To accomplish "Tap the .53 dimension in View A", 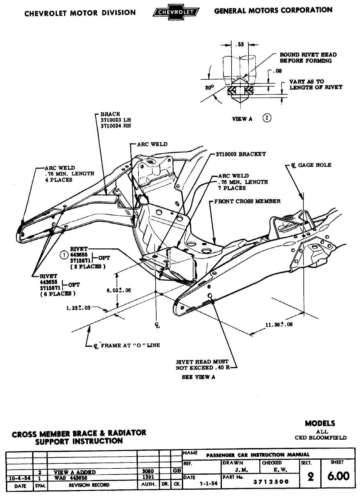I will tap(240, 45).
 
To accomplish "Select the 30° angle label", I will tap(209, 88).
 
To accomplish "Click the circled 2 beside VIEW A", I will tap(267, 118).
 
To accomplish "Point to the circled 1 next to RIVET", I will tap(64, 255).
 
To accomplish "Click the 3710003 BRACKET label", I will tap(241, 154).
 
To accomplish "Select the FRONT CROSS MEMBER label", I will tap(247, 201).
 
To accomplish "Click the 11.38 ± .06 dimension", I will tap(279, 324).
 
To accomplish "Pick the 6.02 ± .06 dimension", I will tap(118, 290).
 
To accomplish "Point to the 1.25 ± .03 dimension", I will tap(78, 308).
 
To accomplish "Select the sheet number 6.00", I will tap(338, 476).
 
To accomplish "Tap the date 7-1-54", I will tap(209, 483).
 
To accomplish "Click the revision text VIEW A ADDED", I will tap(75, 472).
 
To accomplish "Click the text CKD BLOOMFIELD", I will tap(320, 437).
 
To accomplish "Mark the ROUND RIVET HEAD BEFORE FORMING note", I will tap(308, 57).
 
